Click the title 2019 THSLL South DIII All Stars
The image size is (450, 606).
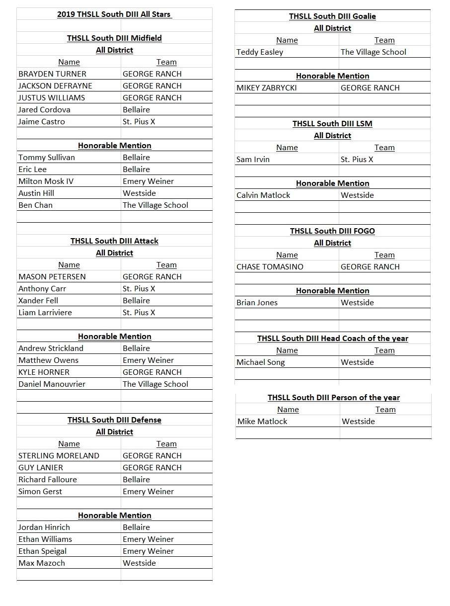[x=114, y=14]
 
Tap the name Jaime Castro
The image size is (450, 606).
[x=42, y=122]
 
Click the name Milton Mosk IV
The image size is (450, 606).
[x=46, y=181]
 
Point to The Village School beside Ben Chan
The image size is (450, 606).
[x=155, y=205]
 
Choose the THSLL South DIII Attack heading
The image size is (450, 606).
[x=114, y=241]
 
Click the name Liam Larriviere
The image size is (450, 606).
[x=45, y=313]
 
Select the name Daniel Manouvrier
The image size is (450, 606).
[x=52, y=384]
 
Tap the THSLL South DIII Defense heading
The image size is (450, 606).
[x=114, y=420]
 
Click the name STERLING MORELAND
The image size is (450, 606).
[x=59, y=456]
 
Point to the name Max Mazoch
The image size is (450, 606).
[x=42, y=563]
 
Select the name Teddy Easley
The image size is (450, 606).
[x=260, y=52]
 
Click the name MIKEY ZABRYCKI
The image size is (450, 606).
[x=267, y=88]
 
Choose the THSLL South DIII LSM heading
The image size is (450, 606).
[x=332, y=124]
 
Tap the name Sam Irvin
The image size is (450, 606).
[x=253, y=160]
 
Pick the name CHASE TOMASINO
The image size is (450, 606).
[x=270, y=267]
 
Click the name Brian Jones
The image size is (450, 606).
[x=257, y=303]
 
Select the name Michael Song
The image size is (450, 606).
[x=261, y=362]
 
